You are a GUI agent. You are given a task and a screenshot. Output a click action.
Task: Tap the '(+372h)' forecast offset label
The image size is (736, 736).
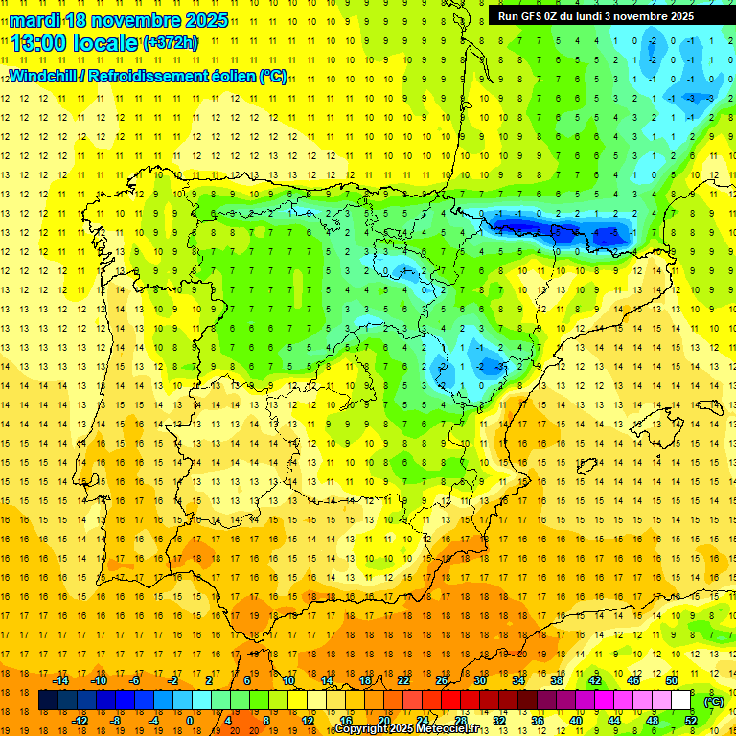coord(170,43)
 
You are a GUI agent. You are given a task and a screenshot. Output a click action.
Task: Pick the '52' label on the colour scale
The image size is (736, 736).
coord(691,721)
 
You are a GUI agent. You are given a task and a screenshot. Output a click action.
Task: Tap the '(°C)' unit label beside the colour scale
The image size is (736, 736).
coord(715,701)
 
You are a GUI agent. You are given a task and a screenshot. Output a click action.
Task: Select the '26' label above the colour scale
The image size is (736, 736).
coord(442,680)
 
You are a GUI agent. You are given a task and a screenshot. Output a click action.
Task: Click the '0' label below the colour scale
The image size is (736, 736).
coord(190,721)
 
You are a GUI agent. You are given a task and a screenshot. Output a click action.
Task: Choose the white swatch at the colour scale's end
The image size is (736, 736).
coord(690,701)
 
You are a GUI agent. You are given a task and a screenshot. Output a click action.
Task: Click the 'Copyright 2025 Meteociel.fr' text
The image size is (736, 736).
coord(420,729)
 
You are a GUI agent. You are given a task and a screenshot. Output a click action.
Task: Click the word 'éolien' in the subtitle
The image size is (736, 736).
coord(229,76)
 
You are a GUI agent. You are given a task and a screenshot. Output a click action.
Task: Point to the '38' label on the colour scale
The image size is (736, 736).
coord(557,680)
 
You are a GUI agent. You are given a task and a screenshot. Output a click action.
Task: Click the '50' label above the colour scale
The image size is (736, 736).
coord(672,680)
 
